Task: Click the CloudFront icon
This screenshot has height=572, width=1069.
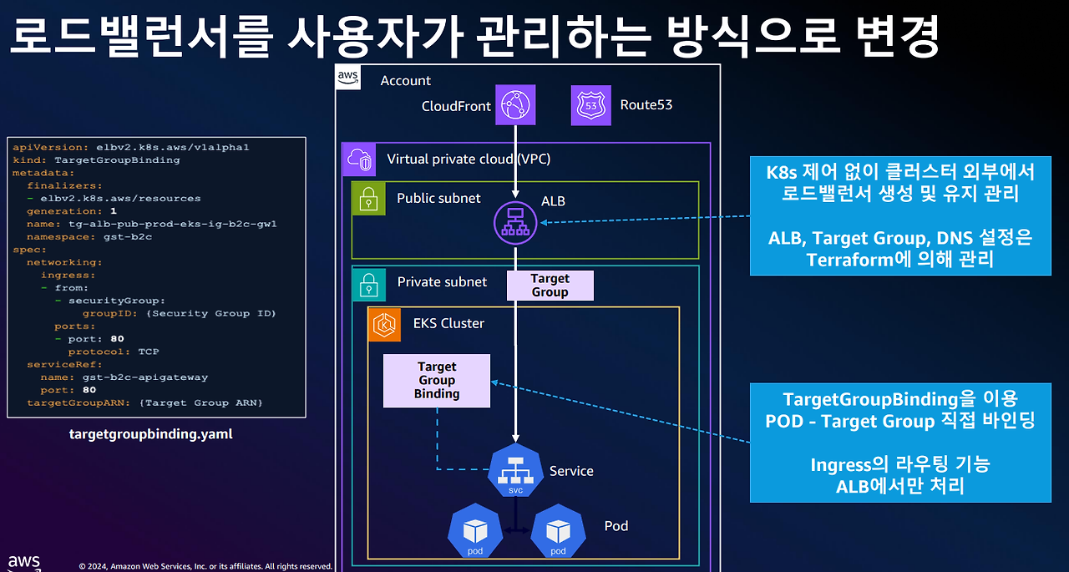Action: (x=514, y=105)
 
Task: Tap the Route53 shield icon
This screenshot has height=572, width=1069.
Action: (x=591, y=105)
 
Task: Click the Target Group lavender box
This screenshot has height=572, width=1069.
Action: (x=550, y=285)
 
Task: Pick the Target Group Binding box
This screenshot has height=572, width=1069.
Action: (x=437, y=381)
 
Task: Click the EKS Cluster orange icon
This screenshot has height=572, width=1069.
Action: (x=385, y=324)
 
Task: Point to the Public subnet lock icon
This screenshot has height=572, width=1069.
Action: (x=368, y=199)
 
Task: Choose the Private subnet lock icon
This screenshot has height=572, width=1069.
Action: (x=368, y=283)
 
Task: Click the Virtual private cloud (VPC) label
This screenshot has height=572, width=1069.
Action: (x=469, y=159)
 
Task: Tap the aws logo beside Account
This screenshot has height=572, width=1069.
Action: (x=348, y=77)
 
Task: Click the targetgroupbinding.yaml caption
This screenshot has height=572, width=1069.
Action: (x=150, y=434)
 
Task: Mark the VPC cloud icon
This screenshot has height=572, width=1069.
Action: (x=359, y=159)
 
